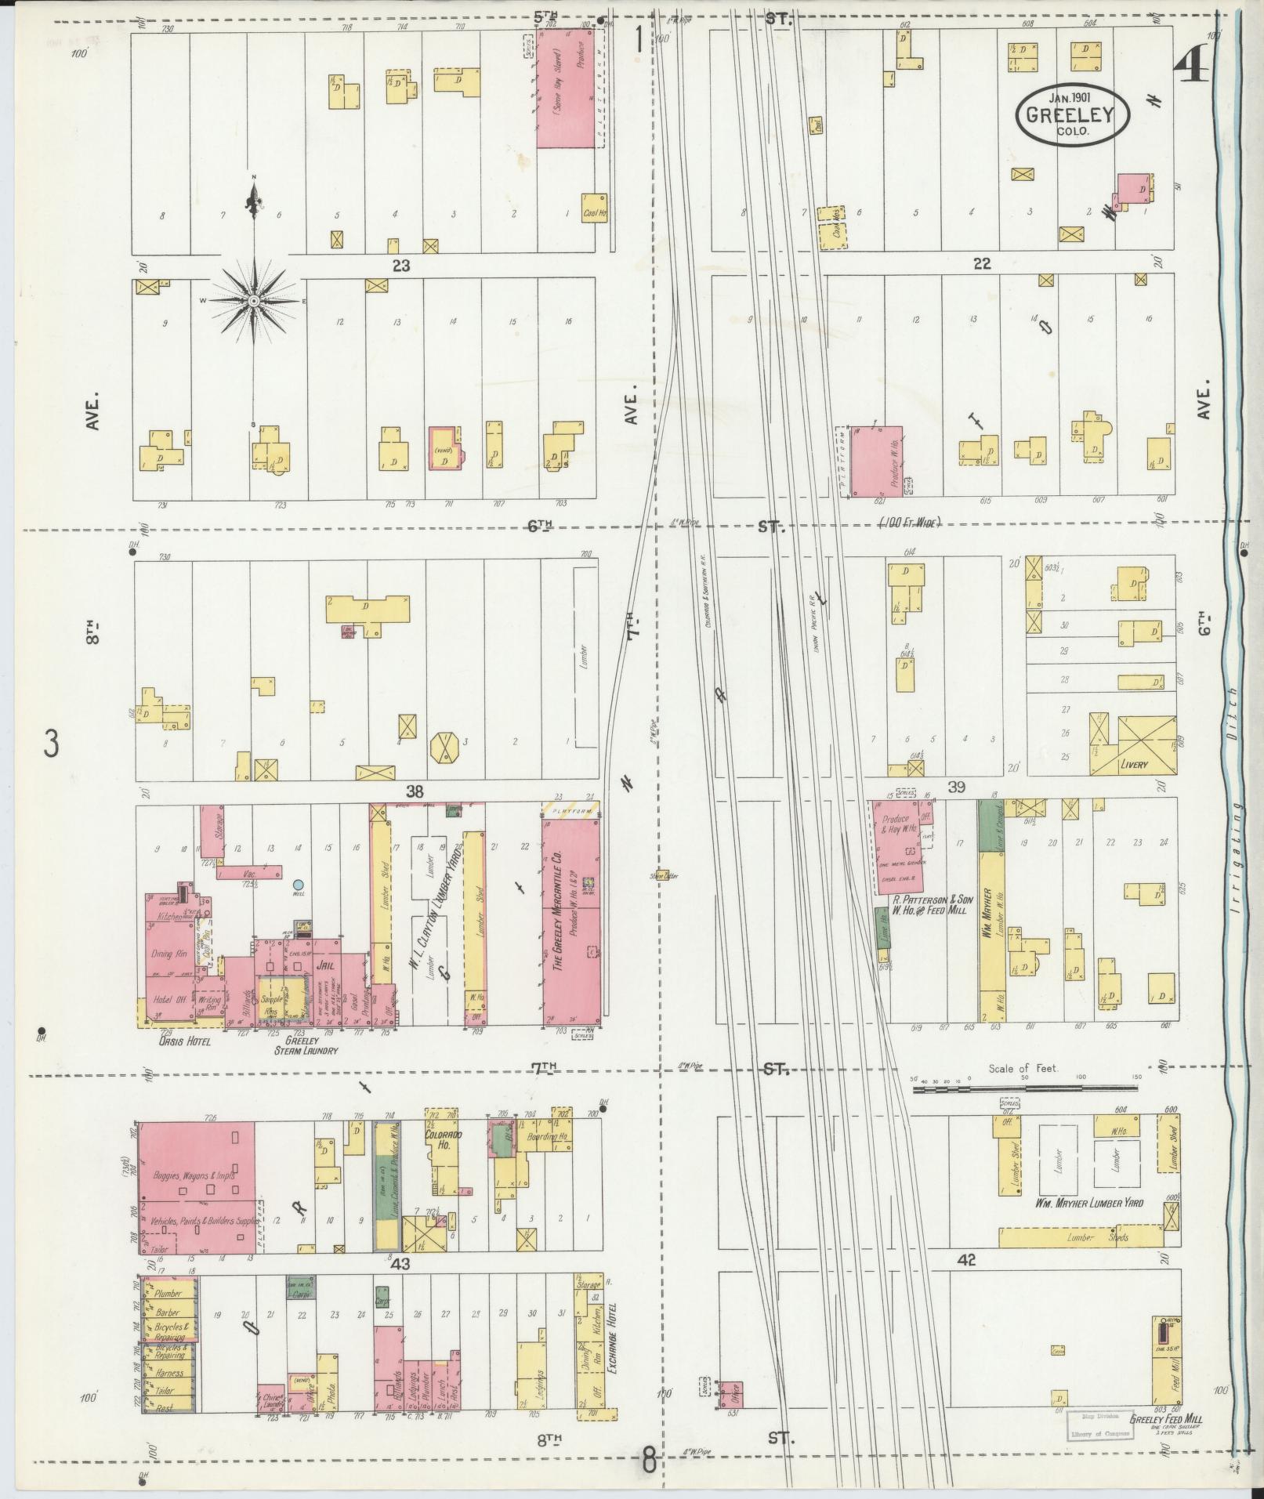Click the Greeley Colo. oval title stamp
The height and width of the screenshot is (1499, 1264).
pos(1073,116)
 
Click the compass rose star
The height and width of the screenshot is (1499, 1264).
pos(254,301)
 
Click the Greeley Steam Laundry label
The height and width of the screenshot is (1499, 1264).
pos(310,1046)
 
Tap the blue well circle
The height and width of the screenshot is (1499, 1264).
pos(298,884)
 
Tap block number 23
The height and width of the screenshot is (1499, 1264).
pos(401,266)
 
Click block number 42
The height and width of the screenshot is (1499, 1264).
pos(965,1261)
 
